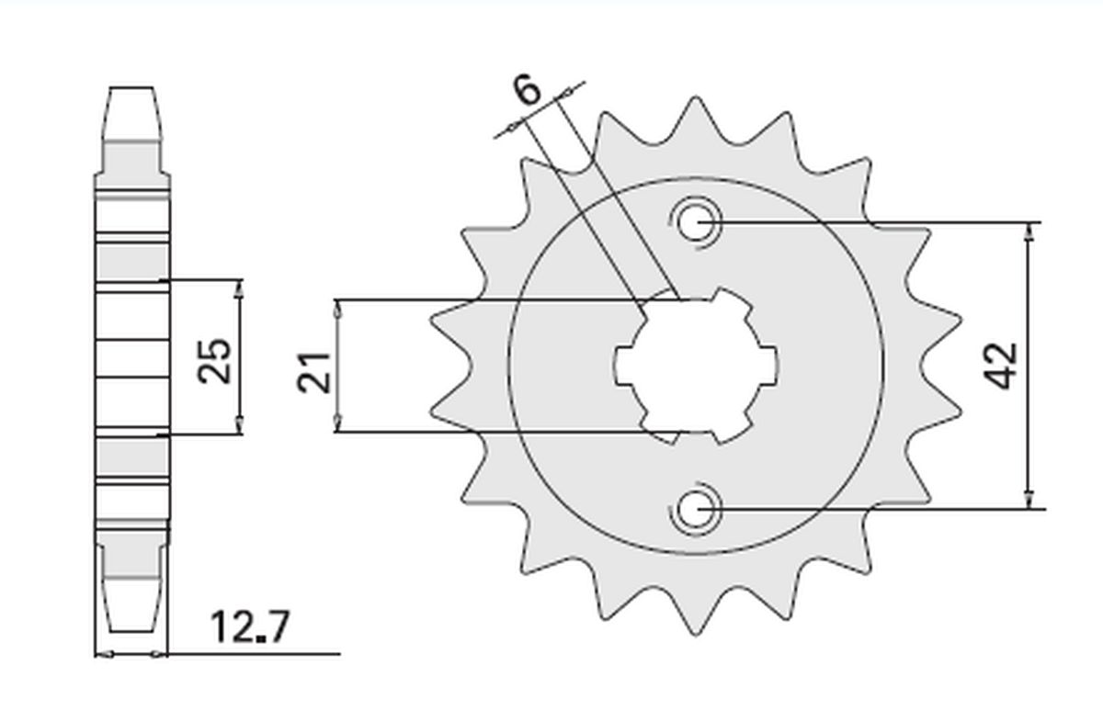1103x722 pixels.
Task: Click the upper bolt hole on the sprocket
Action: point(696,221)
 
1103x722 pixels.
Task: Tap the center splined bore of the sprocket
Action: point(696,365)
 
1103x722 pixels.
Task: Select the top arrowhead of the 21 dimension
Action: point(337,310)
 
